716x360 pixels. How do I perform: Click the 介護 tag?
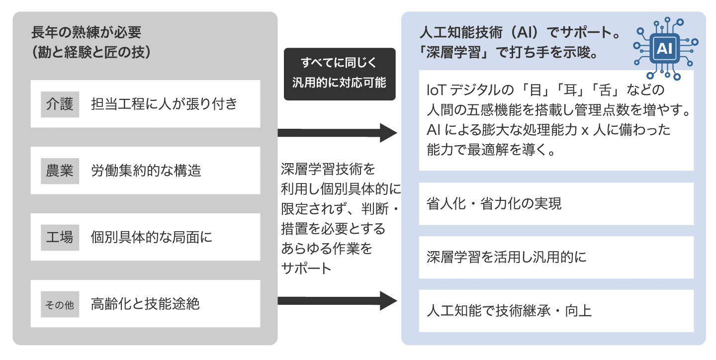(60, 104)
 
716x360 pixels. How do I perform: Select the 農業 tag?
(60, 171)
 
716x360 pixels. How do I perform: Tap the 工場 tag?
(60, 237)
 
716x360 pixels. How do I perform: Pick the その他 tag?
(60, 304)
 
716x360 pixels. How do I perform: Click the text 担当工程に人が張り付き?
(164, 104)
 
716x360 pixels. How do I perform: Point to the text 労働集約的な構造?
(146, 171)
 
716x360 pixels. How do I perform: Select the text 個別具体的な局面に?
(152, 237)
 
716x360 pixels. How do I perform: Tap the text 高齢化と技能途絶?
(145, 304)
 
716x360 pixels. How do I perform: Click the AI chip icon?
(665, 49)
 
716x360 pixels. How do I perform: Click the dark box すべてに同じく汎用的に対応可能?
(340, 74)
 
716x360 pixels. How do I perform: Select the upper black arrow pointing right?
(337, 133)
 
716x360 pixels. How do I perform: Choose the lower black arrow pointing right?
(337, 300)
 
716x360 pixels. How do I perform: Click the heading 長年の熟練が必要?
(86, 33)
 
